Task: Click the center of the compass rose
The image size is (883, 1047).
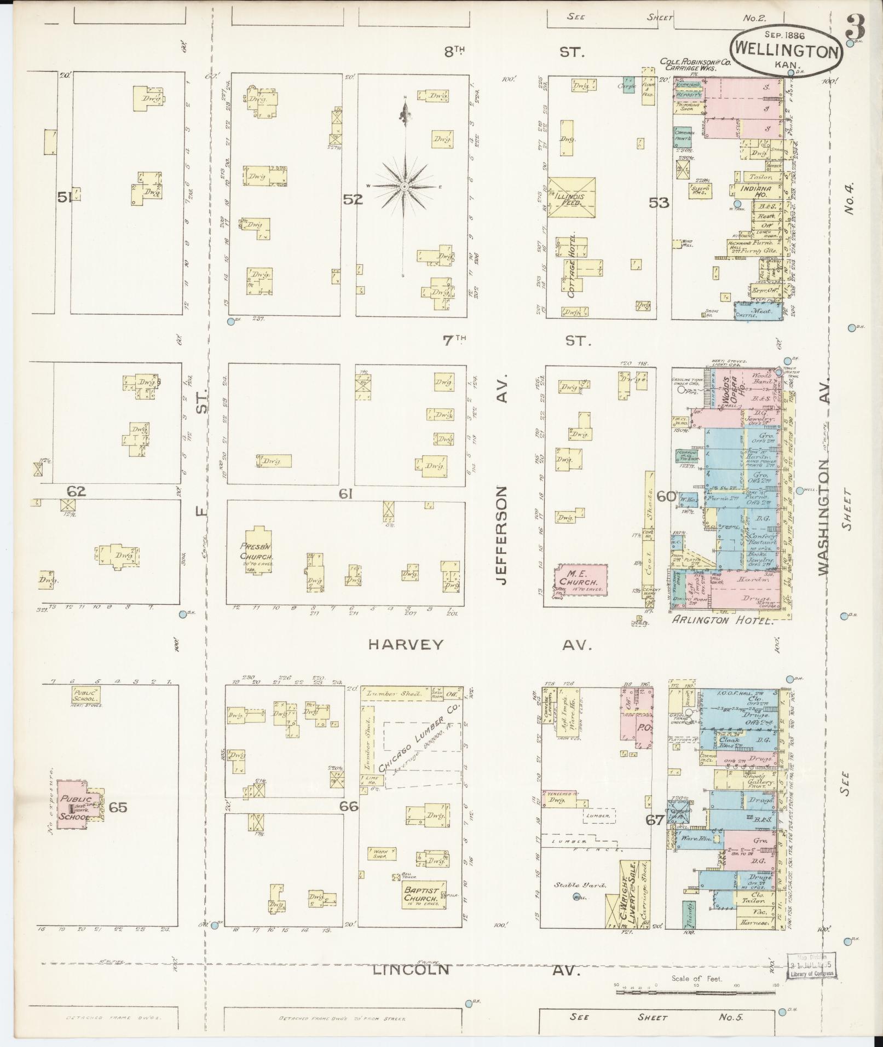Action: point(403,187)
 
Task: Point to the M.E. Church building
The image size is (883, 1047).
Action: point(581,580)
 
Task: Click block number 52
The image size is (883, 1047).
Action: point(353,199)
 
